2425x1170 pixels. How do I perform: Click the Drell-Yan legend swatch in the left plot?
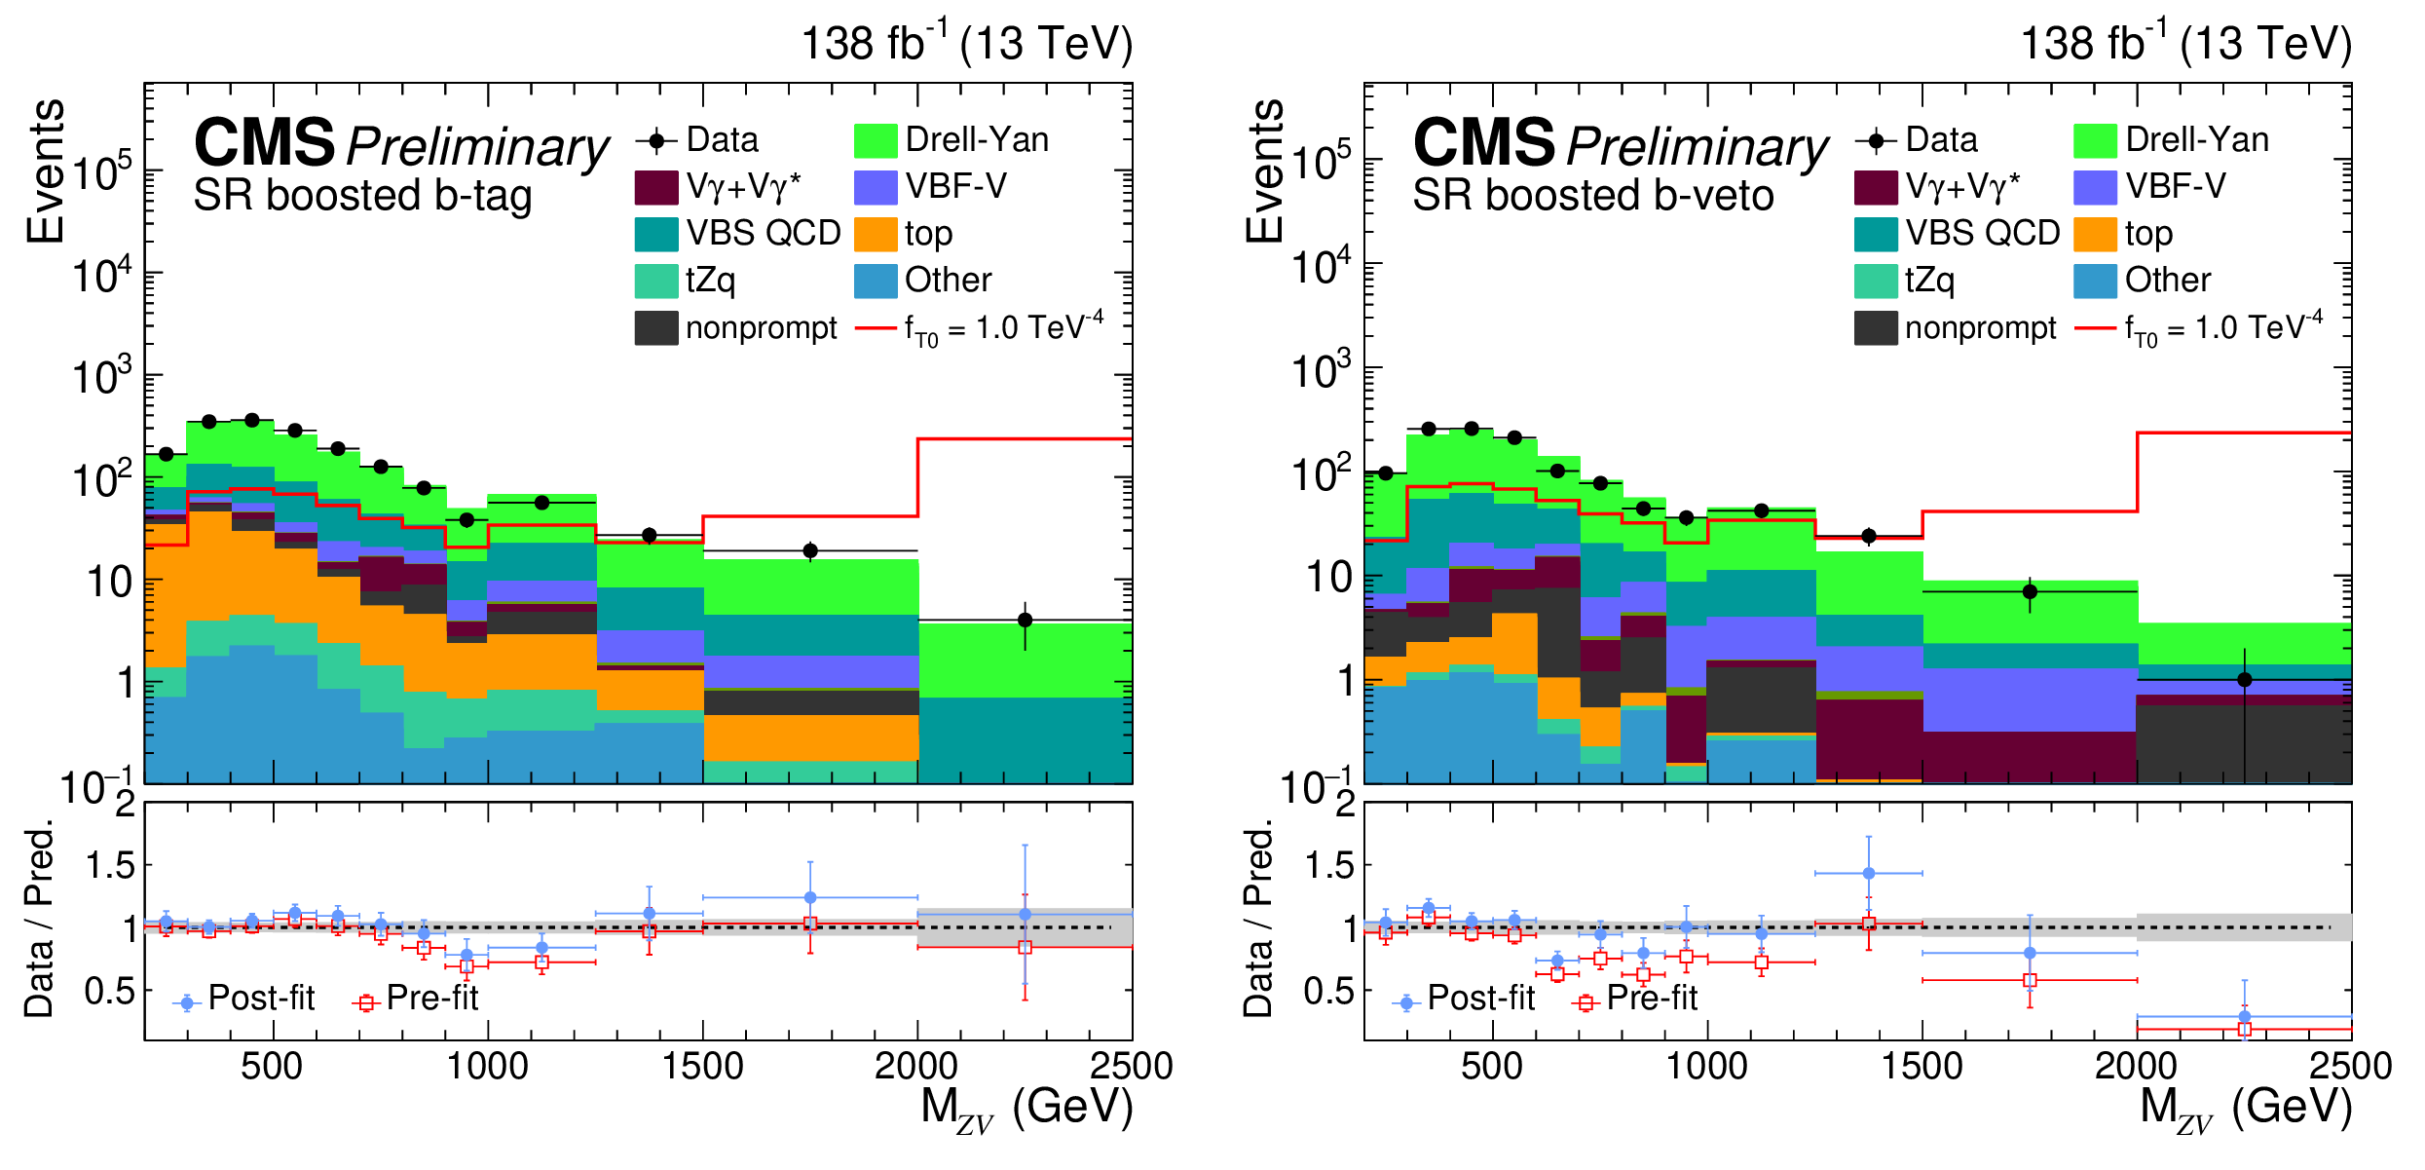click(875, 140)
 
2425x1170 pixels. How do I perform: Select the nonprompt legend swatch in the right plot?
click(1875, 328)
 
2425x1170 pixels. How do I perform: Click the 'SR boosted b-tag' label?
click(362, 196)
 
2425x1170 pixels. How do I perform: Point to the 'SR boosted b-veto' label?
click(1592, 196)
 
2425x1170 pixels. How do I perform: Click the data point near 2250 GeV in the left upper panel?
click(1025, 620)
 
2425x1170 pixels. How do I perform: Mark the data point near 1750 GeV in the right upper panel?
click(2030, 591)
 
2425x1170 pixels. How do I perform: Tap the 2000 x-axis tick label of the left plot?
click(915, 1067)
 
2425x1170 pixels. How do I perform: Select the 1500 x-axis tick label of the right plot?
click(1921, 1067)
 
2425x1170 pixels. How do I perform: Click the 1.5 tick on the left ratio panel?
click(111, 865)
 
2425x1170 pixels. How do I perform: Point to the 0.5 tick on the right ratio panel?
click(1329, 992)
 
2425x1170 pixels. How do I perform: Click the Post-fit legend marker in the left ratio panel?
click(187, 1002)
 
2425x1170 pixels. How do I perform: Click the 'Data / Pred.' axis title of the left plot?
click(39, 921)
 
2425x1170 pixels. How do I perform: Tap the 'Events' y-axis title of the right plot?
click(1265, 170)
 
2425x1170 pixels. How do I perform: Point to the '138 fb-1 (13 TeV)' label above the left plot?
click(966, 44)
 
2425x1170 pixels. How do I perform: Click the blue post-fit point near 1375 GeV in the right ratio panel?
click(1868, 874)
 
